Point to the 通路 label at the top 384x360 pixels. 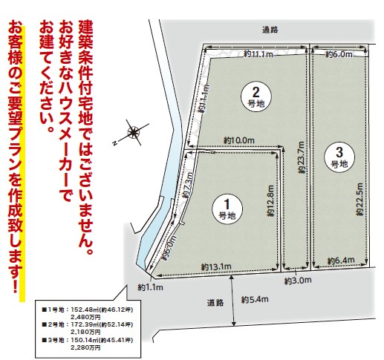[270, 30]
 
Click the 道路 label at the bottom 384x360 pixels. [215, 302]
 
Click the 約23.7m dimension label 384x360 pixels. [302, 159]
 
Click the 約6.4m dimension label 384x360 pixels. [339, 260]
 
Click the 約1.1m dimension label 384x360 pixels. [151, 286]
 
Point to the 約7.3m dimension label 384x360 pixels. [188, 185]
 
